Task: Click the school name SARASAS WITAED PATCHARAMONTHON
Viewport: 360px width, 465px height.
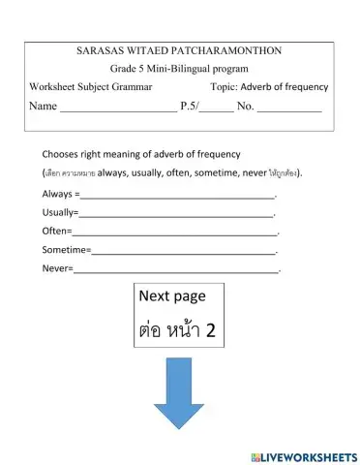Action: click(179, 50)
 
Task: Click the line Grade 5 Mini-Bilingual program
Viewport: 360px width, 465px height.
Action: click(179, 69)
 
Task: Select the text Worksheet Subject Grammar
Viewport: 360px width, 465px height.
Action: click(91, 87)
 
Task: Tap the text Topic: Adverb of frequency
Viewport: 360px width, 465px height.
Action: click(269, 87)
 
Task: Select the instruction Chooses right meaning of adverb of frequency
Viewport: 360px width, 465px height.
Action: click(140, 154)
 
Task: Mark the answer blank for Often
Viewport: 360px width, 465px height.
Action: click(174, 232)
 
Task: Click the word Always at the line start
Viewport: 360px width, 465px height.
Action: click(57, 195)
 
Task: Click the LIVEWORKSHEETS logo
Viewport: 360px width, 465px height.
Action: click(303, 455)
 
